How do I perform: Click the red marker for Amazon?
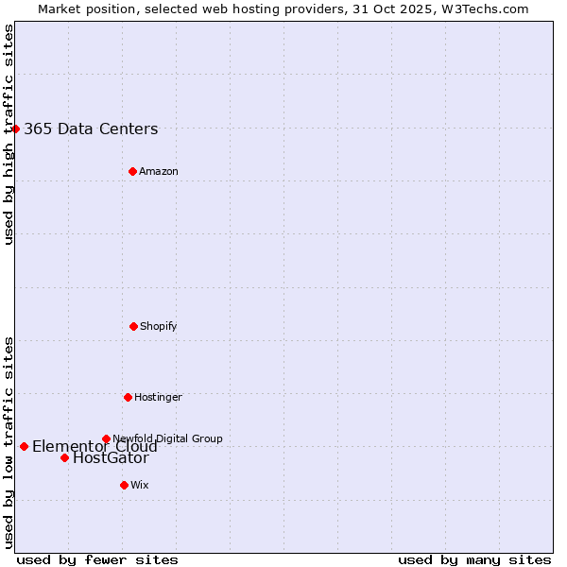coord(132,171)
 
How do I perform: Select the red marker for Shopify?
coord(133,326)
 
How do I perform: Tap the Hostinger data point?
coord(128,397)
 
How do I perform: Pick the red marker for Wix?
coord(124,485)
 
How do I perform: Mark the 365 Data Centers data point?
coord(15,129)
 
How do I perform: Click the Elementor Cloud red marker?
coord(24,446)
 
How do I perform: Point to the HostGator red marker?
coord(64,457)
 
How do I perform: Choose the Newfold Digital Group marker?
coord(106,438)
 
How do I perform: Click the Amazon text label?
coord(159,171)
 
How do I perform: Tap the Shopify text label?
coord(159,326)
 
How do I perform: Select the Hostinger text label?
coord(158,397)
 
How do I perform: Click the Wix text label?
coord(140,485)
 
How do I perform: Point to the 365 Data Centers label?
coord(91,129)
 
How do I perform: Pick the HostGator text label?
coord(111,458)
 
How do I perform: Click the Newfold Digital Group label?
coord(167,438)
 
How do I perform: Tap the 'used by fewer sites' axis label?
coord(97,559)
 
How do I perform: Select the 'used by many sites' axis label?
coord(474,559)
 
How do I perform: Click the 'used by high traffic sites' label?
coord(9,134)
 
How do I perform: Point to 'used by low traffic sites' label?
coord(9,442)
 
